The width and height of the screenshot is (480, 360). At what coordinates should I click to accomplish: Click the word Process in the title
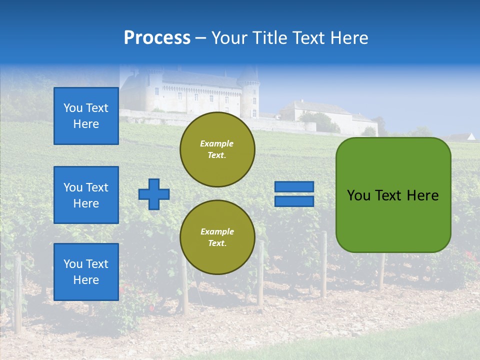tap(157, 38)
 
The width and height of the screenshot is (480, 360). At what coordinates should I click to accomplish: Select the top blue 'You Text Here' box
tap(86, 116)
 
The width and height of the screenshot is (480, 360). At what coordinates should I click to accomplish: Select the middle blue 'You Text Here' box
tap(86, 195)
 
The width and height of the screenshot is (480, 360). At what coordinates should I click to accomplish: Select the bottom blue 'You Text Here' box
tap(86, 272)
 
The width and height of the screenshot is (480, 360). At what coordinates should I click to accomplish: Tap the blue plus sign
tap(153, 194)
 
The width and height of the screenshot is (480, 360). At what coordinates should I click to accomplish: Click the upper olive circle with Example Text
tap(217, 149)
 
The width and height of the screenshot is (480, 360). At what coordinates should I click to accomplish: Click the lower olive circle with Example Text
tap(217, 237)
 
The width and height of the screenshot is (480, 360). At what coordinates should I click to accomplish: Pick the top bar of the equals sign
tap(294, 187)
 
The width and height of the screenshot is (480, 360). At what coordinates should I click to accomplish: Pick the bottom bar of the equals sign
tap(294, 201)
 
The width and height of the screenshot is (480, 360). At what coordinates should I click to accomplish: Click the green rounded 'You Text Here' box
tap(393, 195)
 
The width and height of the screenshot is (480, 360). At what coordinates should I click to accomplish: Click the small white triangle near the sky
tap(471, 136)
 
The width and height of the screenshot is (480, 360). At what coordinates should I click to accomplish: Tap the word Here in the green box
tap(422, 195)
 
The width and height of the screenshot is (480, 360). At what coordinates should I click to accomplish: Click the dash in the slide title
tap(201, 38)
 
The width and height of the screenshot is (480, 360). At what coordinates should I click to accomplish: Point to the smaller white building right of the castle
tap(327, 116)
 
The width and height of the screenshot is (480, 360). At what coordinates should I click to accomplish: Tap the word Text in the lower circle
tap(217, 243)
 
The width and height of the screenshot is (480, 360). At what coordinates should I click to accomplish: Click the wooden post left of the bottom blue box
tap(18, 295)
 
